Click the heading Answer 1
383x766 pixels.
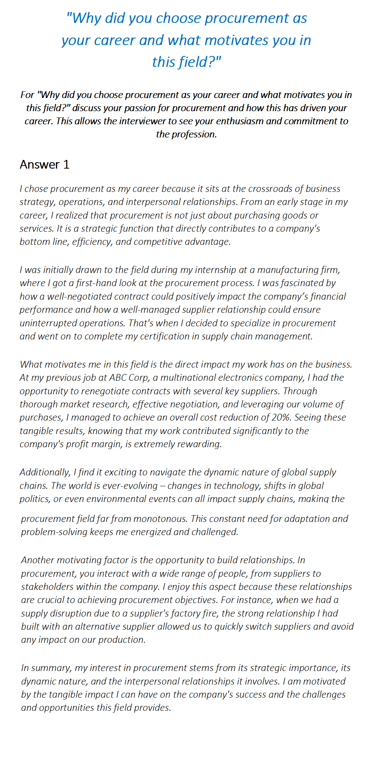[44, 164]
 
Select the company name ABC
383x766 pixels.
[118, 378]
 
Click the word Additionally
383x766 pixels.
[45, 472]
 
